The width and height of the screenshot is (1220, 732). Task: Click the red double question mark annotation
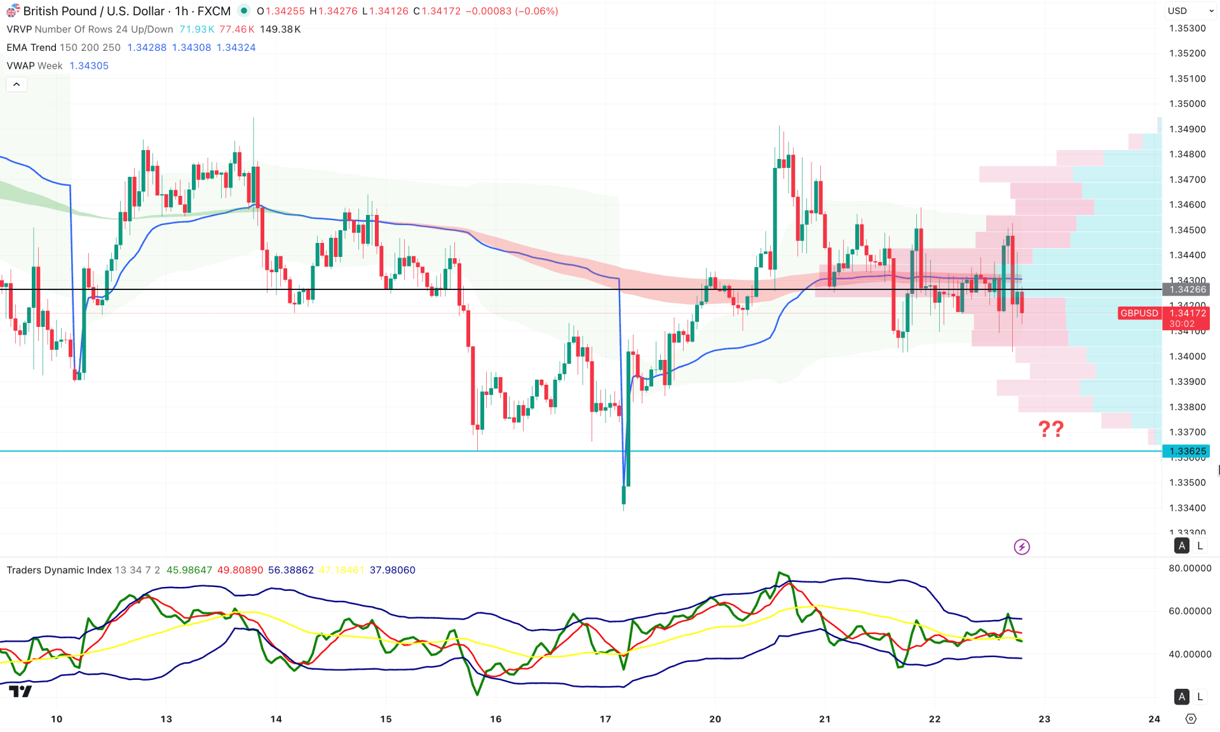click(1050, 429)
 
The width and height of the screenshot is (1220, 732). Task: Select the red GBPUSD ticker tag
click(1139, 313)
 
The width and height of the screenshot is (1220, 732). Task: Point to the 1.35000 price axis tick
click(1187, 104)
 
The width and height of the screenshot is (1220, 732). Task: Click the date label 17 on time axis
click(605, 719)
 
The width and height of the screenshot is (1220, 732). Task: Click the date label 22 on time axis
click(934, 719)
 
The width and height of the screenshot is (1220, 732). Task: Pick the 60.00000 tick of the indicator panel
click(1189, 611)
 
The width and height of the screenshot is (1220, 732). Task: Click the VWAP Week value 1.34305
click(89, 66)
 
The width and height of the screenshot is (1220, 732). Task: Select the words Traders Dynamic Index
click(59, 570)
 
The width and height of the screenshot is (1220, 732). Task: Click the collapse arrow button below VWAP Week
click(17, 84)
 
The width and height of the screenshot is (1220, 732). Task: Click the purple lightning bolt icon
click(1021, 546)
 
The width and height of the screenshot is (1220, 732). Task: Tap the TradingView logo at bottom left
click(20, 691)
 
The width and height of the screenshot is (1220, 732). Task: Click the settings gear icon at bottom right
click(1191, 719)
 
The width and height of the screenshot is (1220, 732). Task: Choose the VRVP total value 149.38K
click(280, 29)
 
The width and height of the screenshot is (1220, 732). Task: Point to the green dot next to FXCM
click(244, 11)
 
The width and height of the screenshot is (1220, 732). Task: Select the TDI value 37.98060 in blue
click(392, 570)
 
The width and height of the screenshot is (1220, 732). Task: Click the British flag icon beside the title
click(13, 11)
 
